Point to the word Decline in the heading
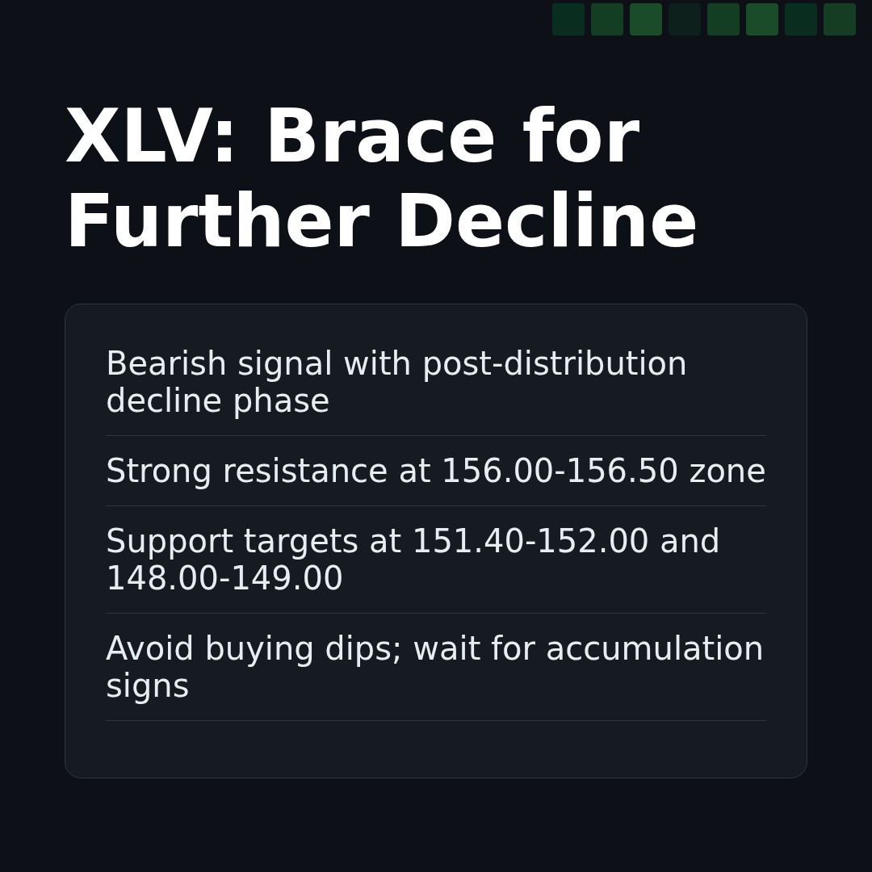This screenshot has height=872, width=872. (546, 224)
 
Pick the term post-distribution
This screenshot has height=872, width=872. (554, 365)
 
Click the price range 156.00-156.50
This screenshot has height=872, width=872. (559, 472)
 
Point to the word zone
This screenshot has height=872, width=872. (727, 472)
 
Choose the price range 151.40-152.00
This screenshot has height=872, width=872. (530, 543)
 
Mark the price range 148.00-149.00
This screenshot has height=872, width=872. (224, 580)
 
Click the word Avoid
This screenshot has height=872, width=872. (148, 650)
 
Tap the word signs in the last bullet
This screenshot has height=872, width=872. (147, 687)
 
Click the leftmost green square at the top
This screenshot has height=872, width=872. (568, 19)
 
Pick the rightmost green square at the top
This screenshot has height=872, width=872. (840, 19)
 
